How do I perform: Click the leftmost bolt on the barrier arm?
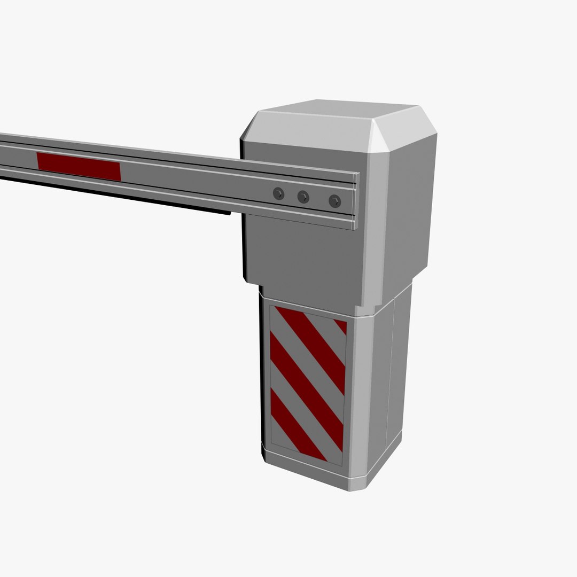click(278, 193)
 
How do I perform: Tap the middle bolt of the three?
click(303, 197)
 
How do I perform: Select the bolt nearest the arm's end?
click(334, 200)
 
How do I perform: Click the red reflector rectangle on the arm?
click(79, 166)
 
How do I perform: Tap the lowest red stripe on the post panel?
click(293, 425)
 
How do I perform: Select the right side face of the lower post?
click(397, 374)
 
